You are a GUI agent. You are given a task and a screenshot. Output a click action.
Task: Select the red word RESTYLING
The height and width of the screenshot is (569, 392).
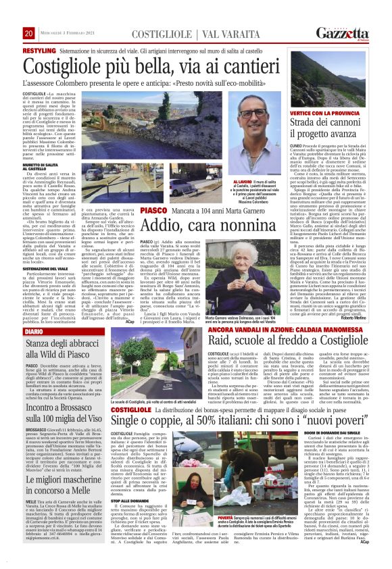tap(39, 51)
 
